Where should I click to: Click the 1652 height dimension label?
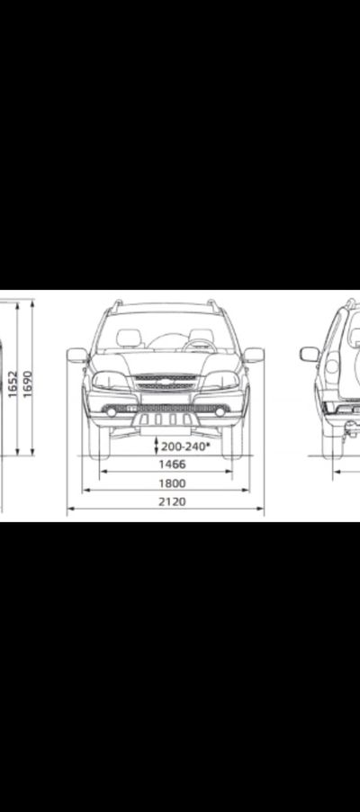click(13, 383)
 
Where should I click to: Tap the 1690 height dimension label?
click(28, 383)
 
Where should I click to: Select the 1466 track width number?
click(172, 464)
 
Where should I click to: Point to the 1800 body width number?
click(172, 483)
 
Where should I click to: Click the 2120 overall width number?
click(172, 501)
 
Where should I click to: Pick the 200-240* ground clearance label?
click(185, 447)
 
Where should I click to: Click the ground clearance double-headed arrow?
click(156, 446)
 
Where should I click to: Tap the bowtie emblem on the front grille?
click(166, 382)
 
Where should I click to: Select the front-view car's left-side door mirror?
click(77, 356)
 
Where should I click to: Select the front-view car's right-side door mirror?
click(254, 356)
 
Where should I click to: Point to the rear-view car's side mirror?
click(310, 354)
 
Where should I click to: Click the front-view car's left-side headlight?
click(111, 381)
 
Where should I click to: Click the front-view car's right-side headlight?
click(220, 381)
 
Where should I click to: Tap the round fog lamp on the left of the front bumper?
click(112, 411)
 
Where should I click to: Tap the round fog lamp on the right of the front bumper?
click(220, 411)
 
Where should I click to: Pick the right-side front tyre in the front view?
click(232, 442)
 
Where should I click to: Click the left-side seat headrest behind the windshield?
click(129, 338)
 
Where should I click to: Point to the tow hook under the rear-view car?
click(352, 429)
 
